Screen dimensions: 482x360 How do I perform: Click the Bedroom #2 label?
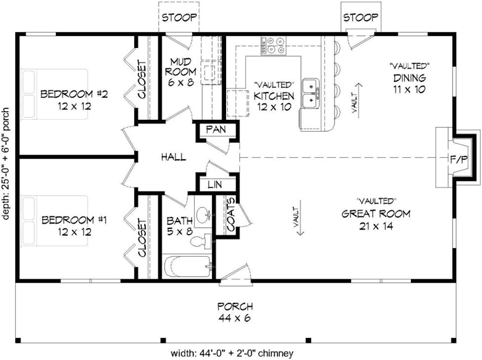(x=74, y=94)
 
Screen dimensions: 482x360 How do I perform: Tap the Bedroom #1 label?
(x=74, y=220)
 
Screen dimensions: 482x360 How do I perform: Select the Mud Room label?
(x=180, y=67)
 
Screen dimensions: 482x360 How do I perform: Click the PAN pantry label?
(x=216, y=129)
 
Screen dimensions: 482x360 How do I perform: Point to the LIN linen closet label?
(x=215, y=184)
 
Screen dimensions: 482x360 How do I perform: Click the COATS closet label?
(x=231, y=214)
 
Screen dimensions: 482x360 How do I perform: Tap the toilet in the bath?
(x=201, y=242)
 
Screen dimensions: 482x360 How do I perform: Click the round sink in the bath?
(x=203, y=213)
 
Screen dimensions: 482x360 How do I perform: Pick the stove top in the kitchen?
(x=274, y=45)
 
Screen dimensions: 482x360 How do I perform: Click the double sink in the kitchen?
(x=311, y=94)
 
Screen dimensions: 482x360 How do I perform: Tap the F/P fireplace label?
(x=459, y=159)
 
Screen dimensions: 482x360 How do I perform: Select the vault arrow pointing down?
(x=300, y=218)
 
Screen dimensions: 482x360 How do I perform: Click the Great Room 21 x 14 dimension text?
(x=376, y=226)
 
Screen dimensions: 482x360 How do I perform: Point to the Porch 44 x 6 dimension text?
(x=235, y=318)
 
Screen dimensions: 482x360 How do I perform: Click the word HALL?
(x=174, y=157)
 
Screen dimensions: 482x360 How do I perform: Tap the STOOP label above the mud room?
(x=179, y=17)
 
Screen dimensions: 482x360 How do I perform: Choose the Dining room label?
(x=410, y=78)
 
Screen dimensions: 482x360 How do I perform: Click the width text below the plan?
(x=233, y=353)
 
